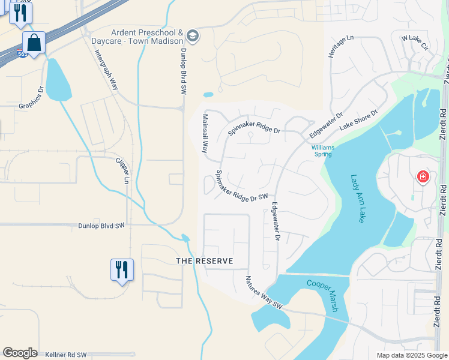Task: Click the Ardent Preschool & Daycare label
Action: click(x=146, y=36)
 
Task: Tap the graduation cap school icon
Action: click(x=193, y=36)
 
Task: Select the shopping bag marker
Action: click(x=34, y=43)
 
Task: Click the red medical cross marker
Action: click(x=423, y=176)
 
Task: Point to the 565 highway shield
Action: click(x=22, y=54)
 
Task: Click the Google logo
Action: click(x=20, y=353)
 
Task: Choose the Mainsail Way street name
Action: click(x=205, y=134)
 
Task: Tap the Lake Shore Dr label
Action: click(x=358, y=120)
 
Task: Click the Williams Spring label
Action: click(x=322, y=151)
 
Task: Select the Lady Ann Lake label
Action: click(x=358, y=199)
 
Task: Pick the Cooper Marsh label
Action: click(x=324, y=296)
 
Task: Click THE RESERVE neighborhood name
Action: click(x=203, y=261)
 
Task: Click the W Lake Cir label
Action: click(x=415, y=42)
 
